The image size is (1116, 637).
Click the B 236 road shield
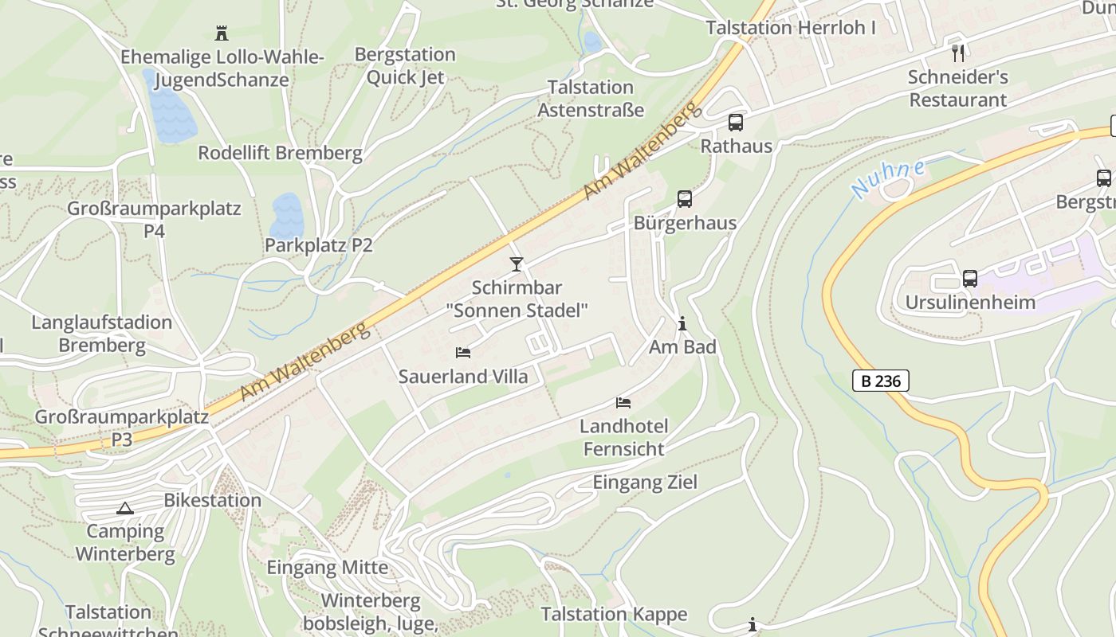pyautogui.click(x=881, y=381)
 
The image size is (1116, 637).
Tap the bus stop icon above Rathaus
pyautogui.click(x=735, y=123)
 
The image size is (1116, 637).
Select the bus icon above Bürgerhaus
pyautogui.click(x=684, y=199)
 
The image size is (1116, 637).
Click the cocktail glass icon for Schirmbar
pyautogui.click(x=517, y=264)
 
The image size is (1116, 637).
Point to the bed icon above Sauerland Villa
pyautogui.click(x=462, y=352)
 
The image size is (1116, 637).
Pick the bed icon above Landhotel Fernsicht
pyautogui.click(x=623, y=403)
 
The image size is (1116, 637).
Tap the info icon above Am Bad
pyautogui.click(x=682, y=324)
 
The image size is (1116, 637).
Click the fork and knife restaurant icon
pyautogui.click(x=958, y=53)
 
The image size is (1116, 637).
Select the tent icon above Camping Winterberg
pyautogui.click(x=124, y=508)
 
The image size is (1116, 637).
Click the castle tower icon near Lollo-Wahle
pyautogui.click(x=222, y=33)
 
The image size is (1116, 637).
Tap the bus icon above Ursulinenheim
pyautogui.click(x=969, y=279)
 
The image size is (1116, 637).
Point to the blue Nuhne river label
pyautogui.click(x=888, y=179)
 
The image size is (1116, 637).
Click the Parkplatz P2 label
pyautogui.click(x=319, y=245)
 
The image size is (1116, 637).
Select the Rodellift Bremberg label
pyautogui.click(x=280, y=153)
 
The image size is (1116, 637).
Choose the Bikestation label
pyautogui.click(x=212, y=501)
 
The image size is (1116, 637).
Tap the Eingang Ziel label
pyautogui.click(x=645, y=483)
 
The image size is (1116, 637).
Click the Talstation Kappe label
pyautogui.click(x=614, y=614)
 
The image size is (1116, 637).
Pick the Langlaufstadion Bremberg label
pyautogui.click(x=102, y=334)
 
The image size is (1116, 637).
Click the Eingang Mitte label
pyautogui.click(x=327, y=568)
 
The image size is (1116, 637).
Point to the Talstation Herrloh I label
pyautogui.click(x=791, y=28)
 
